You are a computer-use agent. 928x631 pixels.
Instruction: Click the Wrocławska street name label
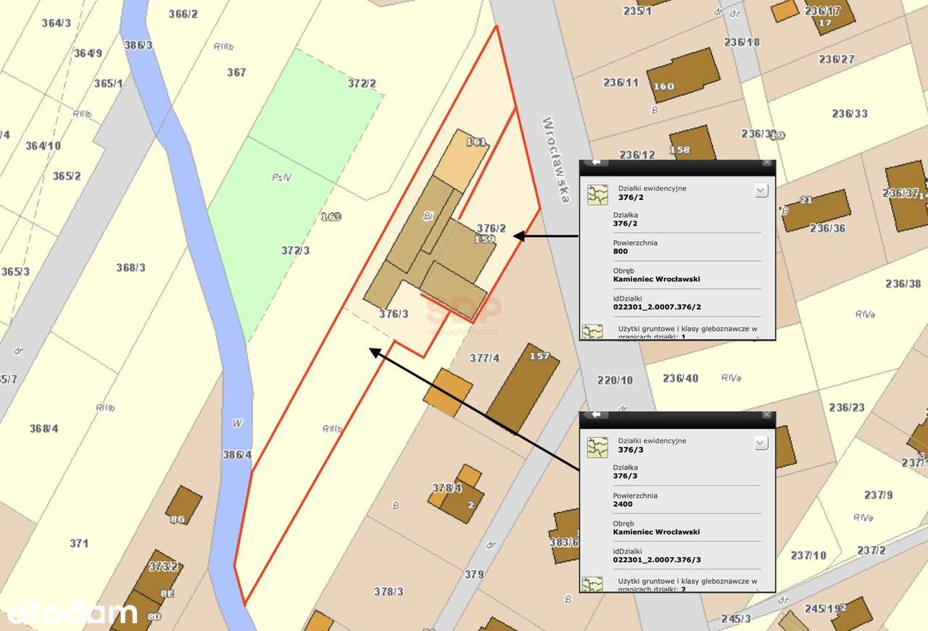pos(555,159)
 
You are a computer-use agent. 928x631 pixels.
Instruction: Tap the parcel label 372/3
pos(296,251)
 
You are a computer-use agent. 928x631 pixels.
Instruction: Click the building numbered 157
pos(522,388)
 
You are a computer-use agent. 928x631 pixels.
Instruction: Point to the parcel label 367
pos(236,72)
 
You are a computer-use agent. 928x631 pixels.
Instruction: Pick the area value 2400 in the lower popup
pos(623,504)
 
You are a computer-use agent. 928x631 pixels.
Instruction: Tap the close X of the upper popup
pos(767,163)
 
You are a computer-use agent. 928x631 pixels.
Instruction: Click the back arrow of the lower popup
pos(596,414)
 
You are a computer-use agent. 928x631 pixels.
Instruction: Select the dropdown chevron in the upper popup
pos(761,191)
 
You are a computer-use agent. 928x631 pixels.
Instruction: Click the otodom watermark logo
pos(71,613)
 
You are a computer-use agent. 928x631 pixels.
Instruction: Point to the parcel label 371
pos(79,543)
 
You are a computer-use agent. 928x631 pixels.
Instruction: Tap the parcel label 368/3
pos(130,267)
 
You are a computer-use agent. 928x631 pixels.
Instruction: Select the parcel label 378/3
pos(389,591)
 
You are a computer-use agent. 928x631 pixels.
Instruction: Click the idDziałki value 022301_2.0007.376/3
pos(657,559)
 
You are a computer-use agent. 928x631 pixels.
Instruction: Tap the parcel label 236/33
pos(850,114)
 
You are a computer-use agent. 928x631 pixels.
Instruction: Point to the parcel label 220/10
pos(615,380)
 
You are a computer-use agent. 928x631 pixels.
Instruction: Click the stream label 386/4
pos(237,455)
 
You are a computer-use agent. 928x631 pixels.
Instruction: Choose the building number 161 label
pos(476,142)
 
